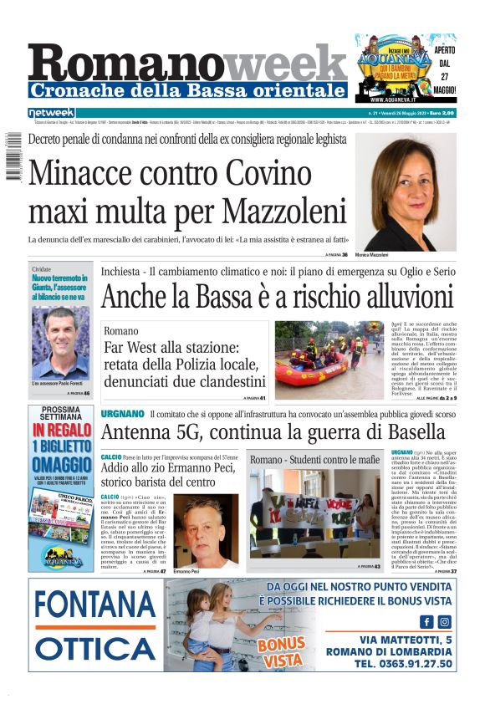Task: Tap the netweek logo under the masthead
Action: click(x=52, y=112)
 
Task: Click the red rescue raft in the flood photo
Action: click(x=311, y=370)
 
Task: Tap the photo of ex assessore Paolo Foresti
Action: click(x=61, y=343)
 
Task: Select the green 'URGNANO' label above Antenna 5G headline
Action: click(x=122, y=414)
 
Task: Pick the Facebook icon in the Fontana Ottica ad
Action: click(x=426, y=621)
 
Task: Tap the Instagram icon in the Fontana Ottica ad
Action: click(x=445, y=621)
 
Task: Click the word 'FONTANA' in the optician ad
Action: click(x=96, y=605)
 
